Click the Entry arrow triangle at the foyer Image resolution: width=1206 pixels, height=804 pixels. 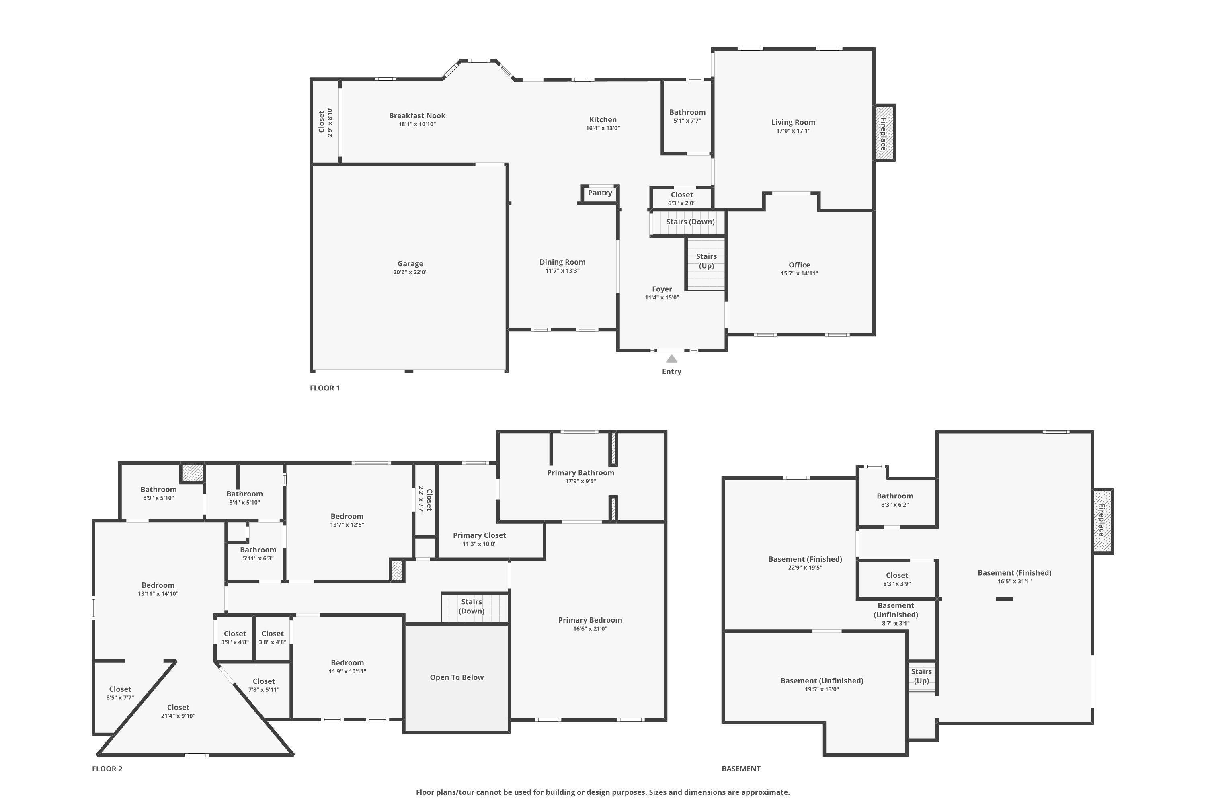point(671,359)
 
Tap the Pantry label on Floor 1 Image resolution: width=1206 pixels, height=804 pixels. point(600,193)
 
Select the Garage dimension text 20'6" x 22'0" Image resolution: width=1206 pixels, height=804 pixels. point(410,272)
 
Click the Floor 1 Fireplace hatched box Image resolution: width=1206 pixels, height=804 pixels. point(884,133)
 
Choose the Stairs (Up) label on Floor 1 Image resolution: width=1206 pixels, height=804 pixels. point(706,261)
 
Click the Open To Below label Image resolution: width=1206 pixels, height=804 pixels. point(456,677)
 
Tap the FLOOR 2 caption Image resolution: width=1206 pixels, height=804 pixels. point(107,769)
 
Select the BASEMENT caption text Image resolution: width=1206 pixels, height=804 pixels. point(741,769)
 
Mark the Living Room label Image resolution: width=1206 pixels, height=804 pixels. point(793,122)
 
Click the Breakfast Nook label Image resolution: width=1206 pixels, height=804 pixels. point(417,116)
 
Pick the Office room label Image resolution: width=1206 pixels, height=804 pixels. point(799,265)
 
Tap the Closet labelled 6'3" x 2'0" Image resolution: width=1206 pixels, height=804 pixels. point(681,195)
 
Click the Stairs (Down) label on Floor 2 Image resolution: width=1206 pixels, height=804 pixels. point(471,606)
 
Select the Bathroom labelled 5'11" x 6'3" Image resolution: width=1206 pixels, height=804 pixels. point(258,550)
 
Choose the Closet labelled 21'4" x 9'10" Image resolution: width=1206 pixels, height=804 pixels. point(178,708)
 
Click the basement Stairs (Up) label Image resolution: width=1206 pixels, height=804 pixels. point(921,676)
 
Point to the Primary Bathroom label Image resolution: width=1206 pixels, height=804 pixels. point(580,473)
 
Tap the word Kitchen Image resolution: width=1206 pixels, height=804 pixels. point(603,120)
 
